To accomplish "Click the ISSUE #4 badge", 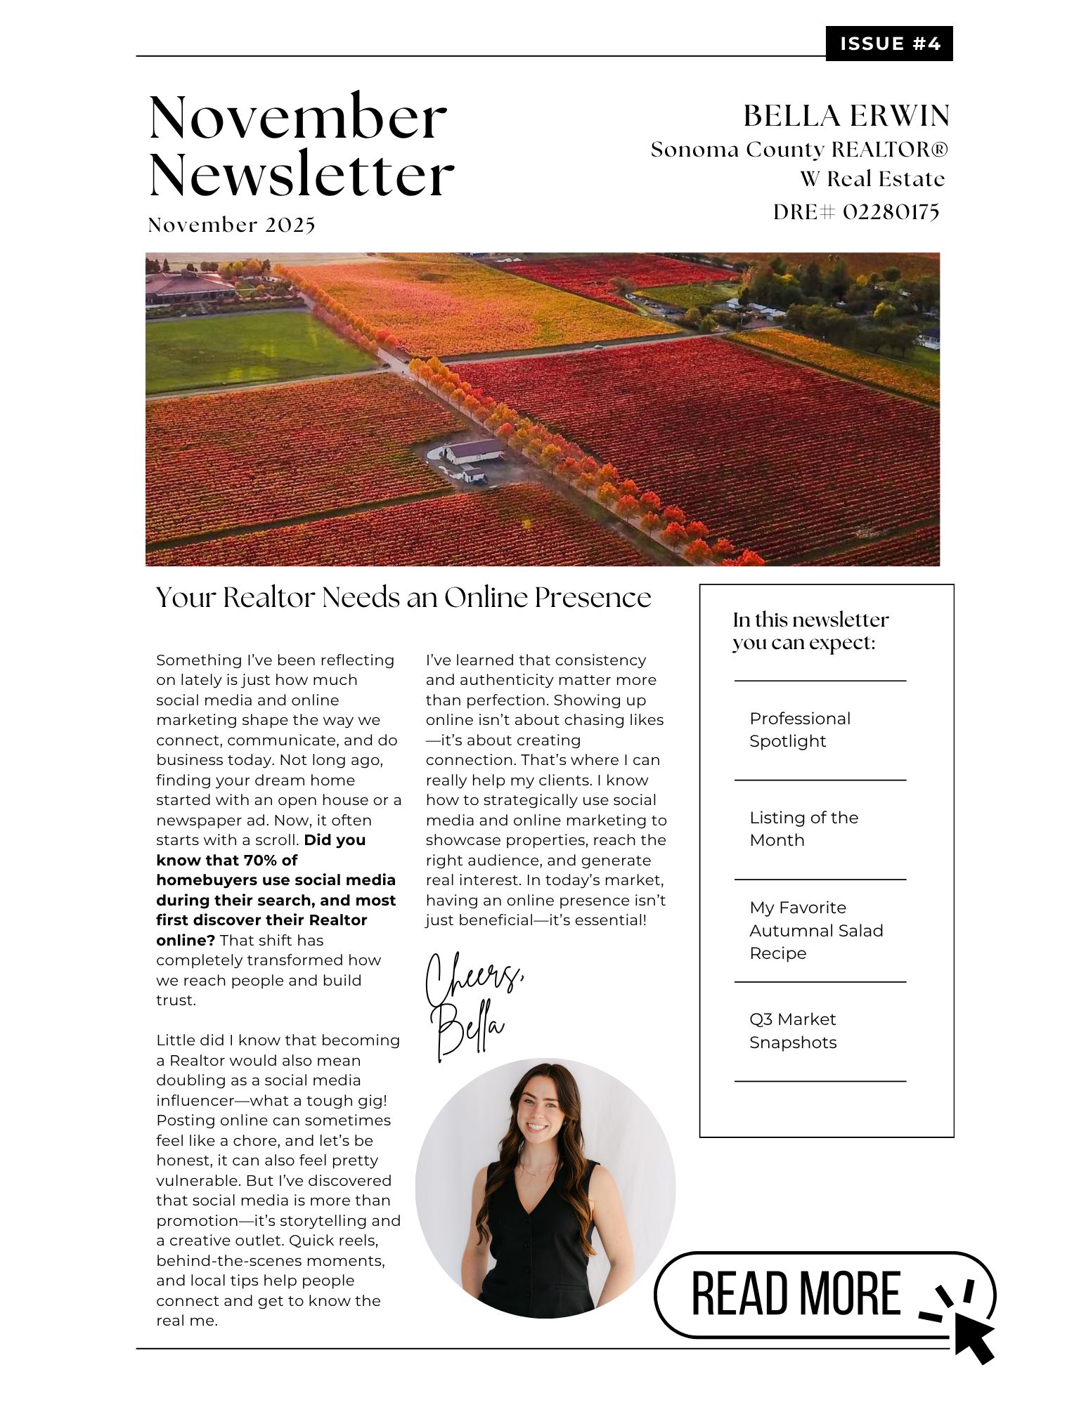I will coord(888,44).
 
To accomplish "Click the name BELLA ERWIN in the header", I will coord(846,116).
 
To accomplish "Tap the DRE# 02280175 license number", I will coord(855,211).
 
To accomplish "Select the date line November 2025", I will coord(231,225).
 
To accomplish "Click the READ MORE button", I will coord(795,1294).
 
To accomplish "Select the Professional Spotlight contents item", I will coord(799,730).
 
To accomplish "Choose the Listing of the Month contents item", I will coord(803,829).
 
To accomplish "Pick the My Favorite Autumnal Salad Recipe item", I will coord(815,930).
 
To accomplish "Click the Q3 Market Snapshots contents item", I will coord(792,1031).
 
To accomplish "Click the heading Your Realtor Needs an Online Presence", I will coord(403,597).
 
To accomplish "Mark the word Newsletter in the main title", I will coord(302,175).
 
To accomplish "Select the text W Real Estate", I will coord(872,179).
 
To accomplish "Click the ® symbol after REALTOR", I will coord(940,149).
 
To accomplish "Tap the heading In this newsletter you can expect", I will coord(810,631).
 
